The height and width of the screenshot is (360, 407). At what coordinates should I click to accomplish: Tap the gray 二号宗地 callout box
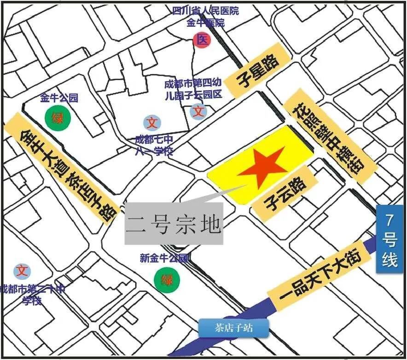174,224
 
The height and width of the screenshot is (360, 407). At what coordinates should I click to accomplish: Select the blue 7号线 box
390,239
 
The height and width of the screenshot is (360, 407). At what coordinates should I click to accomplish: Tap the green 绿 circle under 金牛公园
58,118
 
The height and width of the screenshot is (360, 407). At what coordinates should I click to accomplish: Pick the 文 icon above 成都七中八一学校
152,123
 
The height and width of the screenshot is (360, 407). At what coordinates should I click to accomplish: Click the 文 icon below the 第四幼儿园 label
198,111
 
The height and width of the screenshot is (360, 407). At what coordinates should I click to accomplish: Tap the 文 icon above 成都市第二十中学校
22,271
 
